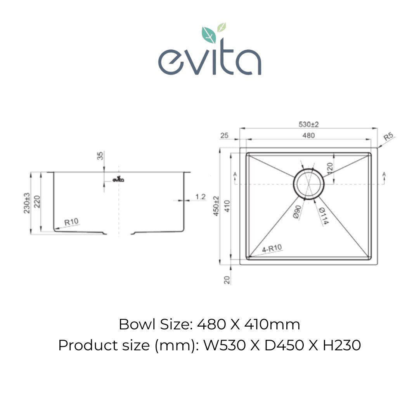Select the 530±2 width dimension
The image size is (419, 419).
(308, 125)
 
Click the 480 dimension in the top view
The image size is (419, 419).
(308, 135)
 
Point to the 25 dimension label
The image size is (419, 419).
(224, 135)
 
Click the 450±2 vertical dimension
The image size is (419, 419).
(216, 206)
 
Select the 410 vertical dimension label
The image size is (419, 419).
(227, 206)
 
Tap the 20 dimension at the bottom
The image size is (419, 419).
(227, 280)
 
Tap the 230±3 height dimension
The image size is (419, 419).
(27, 203)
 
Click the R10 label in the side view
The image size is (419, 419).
(71, 222)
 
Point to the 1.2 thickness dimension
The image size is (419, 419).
(200, 197)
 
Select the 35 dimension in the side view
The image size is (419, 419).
(100, 156)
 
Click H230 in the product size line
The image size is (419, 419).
(342, 345)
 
